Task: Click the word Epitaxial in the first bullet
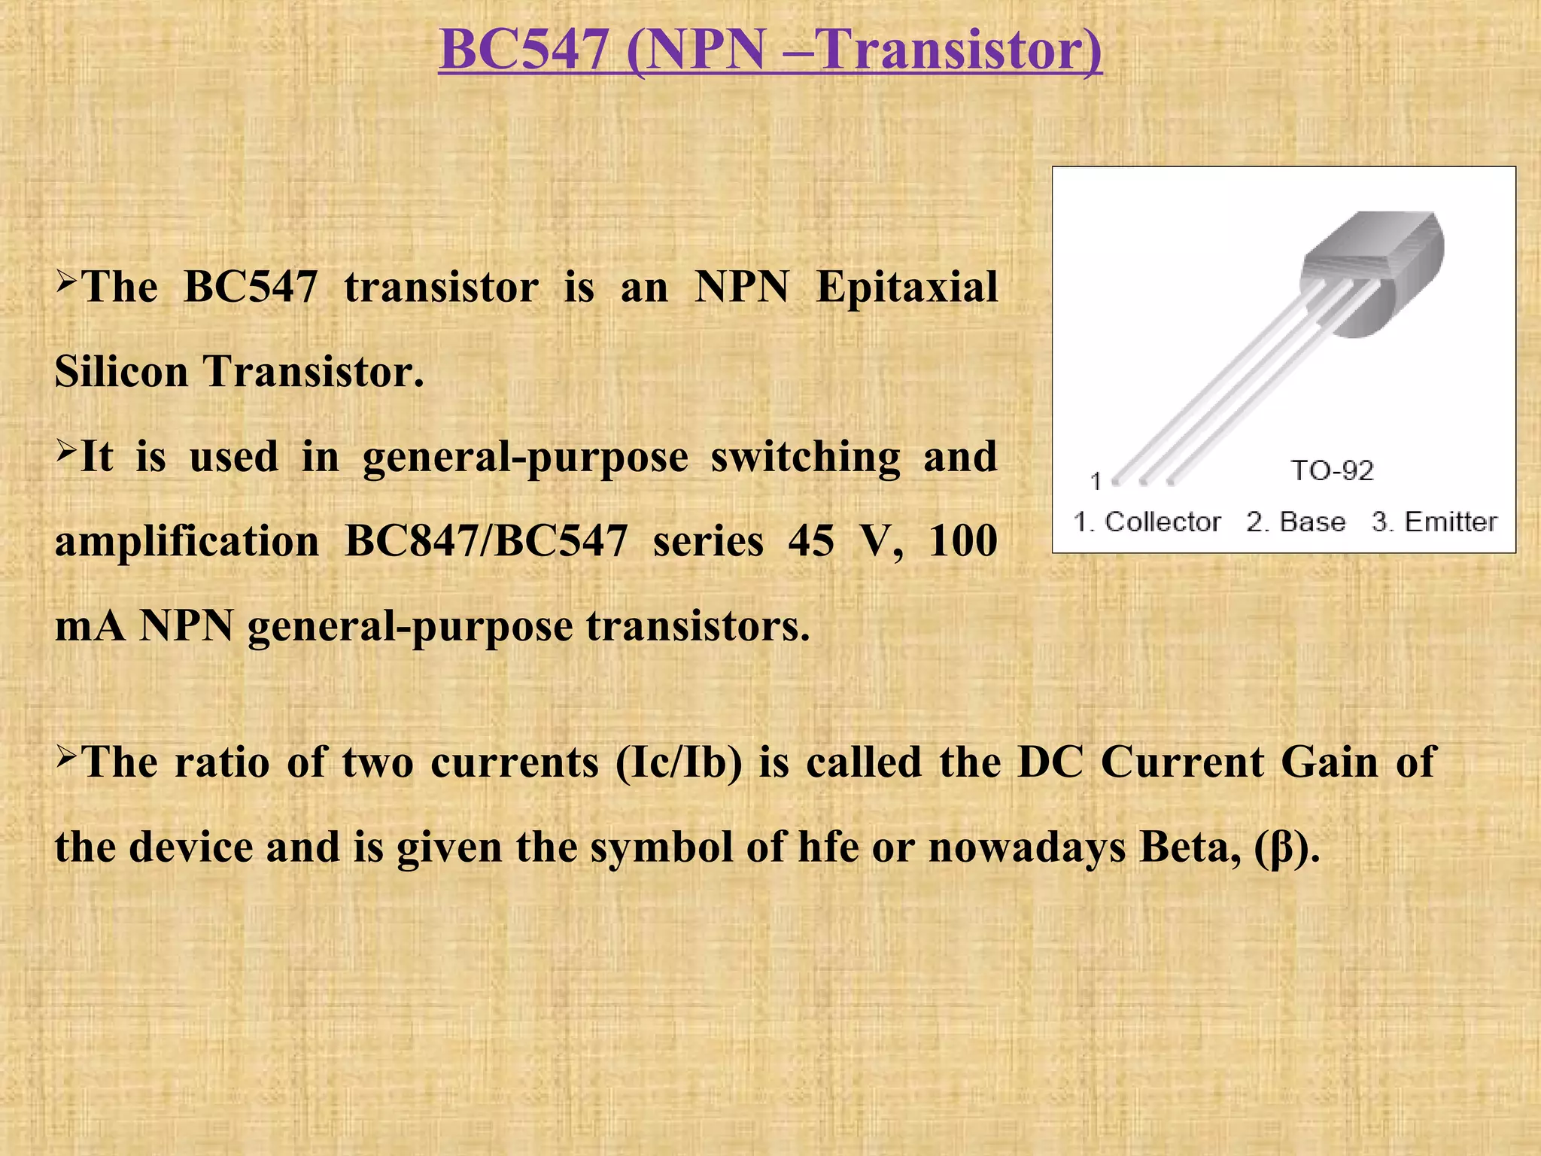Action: tap(907, 288)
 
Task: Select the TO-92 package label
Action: tap(1332, 471)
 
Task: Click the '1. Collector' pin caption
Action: tap(1147, 522)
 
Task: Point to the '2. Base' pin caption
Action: tap(1296, 522)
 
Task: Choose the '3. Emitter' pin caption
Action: tap(1434, 522)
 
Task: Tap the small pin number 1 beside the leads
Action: tap(1096, 481)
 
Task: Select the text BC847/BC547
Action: tap(485, 542)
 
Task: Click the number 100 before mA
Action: tap(962, 542)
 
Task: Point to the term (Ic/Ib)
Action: tap(679, 763)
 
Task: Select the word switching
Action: tap(805, 458)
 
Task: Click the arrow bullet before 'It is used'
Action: tap(66, 451)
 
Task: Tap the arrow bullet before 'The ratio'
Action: tap(66, 755)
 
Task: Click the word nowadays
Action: tap(1027, 847)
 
